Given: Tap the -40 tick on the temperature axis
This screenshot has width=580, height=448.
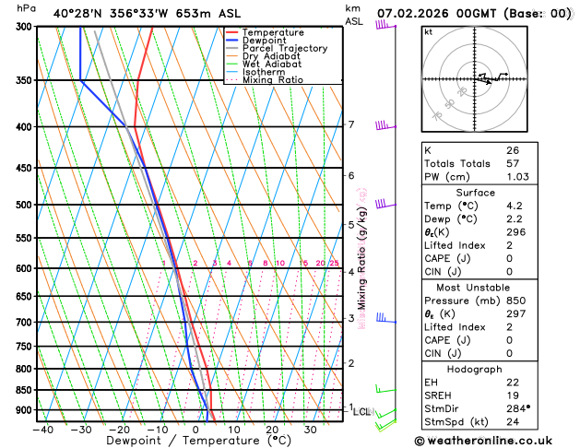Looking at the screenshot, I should tap(42, 429).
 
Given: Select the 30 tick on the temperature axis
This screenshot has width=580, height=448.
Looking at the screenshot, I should tap(311, 429).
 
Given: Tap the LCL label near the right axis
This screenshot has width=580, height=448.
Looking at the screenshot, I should tap(361, 412).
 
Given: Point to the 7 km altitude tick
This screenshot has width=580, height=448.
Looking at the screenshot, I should tap(350, 124).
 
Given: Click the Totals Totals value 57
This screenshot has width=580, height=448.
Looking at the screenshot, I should tap(513, 162).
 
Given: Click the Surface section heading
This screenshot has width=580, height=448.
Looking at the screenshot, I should tap(476, 192).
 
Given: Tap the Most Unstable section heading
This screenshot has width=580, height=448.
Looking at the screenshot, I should tap(476, 287).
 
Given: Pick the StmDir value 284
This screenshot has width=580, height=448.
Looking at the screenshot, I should tap(516, 407).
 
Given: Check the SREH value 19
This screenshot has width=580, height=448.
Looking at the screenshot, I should tap(513, 395).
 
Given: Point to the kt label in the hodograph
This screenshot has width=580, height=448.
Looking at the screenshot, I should tap(429, 31).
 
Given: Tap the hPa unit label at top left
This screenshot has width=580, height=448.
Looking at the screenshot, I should tap(27, 8).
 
